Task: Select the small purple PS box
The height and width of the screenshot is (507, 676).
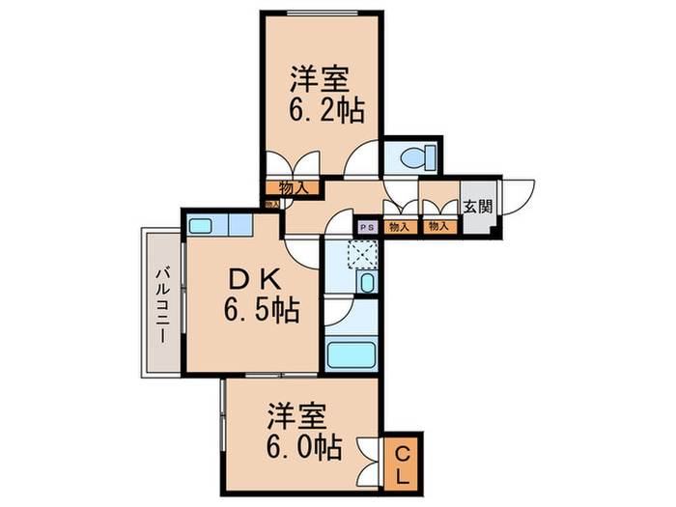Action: [x=367, y=227]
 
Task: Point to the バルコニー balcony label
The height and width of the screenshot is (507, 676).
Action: [x=162, y=302]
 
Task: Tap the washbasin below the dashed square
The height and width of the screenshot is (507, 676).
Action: [x=366, y=283]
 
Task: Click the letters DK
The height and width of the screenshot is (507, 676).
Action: [x=254, y=280]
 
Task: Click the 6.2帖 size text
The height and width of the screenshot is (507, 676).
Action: [x=325, y=109]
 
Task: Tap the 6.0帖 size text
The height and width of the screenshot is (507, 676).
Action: [x=302, y=449]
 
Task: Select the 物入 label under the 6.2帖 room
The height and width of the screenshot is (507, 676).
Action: [x=293, y=188]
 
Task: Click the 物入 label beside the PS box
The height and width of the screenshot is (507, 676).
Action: [x=398, y=227]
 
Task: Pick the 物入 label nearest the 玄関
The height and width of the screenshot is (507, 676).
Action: [x=438, y=227]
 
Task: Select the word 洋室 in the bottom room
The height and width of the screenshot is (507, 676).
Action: [x=298, y=417]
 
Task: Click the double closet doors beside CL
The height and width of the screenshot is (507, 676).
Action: [x=369, y=462]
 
